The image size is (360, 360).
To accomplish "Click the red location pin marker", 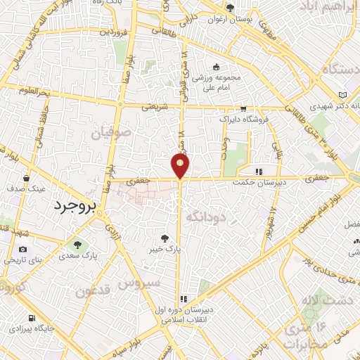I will pos(181,165).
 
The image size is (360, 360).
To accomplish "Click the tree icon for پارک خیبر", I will pos(165,238).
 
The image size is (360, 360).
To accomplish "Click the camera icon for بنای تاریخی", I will pos(23,249).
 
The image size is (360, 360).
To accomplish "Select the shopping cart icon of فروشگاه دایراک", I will pos(243,109).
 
